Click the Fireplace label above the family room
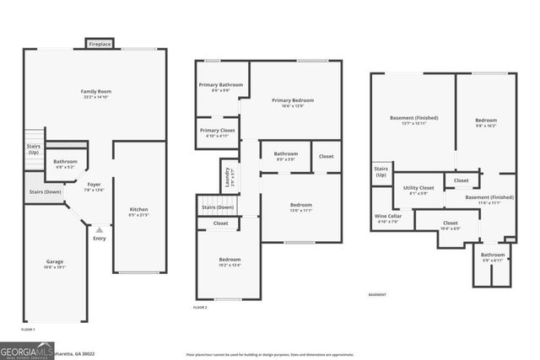100,43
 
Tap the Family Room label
96,91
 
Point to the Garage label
54,261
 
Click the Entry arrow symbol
100,229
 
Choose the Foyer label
94,183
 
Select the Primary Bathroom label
221,84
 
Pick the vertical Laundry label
227,177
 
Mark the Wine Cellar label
387,216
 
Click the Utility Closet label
418,188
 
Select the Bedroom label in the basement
485,120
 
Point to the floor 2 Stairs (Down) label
218,207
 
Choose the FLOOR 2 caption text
200,308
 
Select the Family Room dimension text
96,98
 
